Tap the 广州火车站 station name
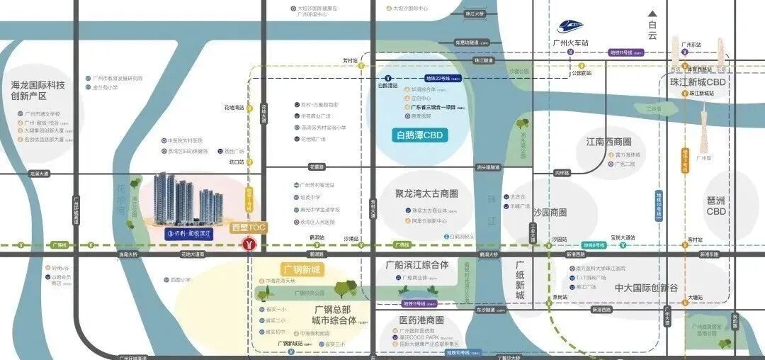point(571,43)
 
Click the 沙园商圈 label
point(550,213)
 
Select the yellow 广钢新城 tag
point(302,269)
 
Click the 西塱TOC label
point(249,228)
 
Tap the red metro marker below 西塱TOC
point(249,244)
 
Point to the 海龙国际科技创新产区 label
point(38,90)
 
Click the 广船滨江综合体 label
point(417,265)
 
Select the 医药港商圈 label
point(421,320)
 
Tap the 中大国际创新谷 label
point(646,288)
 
